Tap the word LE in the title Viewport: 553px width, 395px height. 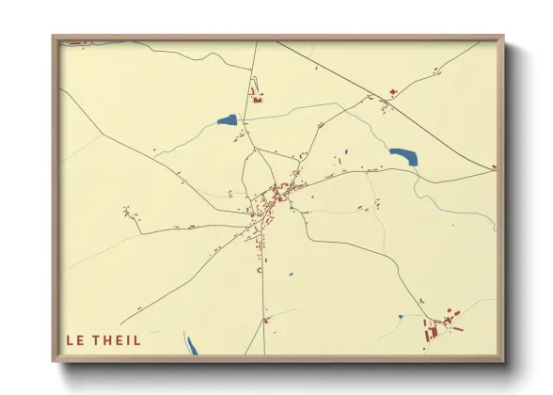coord(73,340)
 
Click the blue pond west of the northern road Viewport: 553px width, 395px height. coord(227,120)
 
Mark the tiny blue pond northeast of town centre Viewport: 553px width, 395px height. coord(346,152)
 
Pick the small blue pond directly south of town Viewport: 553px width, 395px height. coord(290,275)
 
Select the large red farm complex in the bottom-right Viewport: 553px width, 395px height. coord(440,326)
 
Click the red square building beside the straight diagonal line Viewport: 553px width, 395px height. coord(393,91)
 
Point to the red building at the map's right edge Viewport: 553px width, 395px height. coord(494,167)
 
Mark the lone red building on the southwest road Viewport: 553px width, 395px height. coord(140,308)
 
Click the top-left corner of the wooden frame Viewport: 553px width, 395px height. coord(55,39)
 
